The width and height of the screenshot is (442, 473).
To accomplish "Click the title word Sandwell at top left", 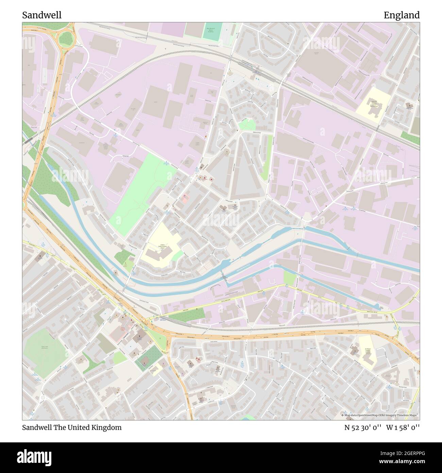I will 42,15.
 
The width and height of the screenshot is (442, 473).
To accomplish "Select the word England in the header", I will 401,15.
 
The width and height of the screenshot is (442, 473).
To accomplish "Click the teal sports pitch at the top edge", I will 212,31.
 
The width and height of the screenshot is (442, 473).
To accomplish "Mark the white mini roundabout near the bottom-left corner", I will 42,398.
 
